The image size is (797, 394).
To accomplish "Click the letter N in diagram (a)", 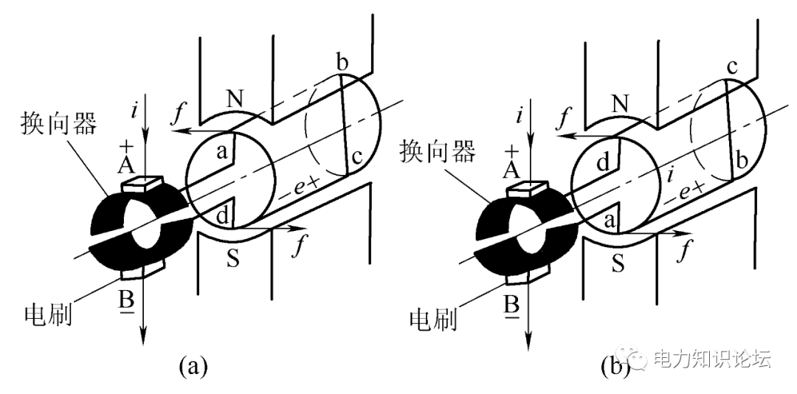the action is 235,100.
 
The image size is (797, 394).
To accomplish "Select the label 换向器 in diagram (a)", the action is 59,123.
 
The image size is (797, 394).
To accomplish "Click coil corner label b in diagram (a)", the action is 342,63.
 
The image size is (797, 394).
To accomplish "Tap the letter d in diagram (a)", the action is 222,215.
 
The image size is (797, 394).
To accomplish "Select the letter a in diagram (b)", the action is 608,221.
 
